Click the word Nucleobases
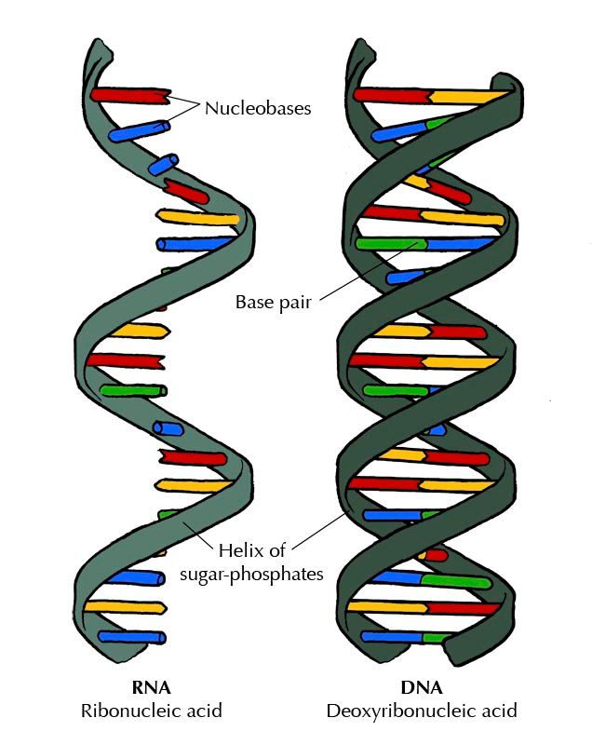258,108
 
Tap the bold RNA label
153,689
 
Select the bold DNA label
421,689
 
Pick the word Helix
238,550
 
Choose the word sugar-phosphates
251,574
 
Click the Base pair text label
272,302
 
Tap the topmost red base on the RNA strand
128,94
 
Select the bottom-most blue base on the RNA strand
132,637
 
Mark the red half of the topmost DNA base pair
392,94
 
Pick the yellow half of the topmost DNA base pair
465,96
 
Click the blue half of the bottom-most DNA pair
391,638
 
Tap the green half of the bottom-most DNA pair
435,639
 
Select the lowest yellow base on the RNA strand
126,606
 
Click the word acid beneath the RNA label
202,711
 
